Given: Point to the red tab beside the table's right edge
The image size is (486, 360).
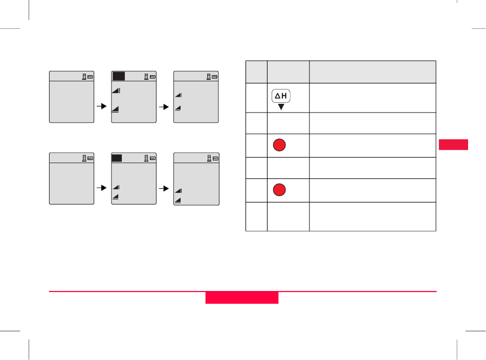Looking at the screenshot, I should point(453,144).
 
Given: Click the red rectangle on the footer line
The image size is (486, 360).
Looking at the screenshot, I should point(242,298).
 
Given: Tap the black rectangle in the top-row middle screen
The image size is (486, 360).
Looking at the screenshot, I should point(119,77).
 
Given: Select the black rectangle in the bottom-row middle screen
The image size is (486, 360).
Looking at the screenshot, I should point(117,159).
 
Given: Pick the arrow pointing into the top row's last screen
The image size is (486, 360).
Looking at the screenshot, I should point(165,107).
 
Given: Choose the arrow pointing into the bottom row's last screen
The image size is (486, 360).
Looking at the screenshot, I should point(165,188).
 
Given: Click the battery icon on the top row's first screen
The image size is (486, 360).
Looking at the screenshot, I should point(90,77).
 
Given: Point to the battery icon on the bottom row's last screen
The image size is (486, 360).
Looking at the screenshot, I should point(215,159).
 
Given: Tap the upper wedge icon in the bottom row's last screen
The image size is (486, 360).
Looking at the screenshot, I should point(179,191).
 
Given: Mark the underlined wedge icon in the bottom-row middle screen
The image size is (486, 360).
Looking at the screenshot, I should point(116,197).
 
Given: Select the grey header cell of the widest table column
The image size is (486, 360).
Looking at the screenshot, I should point(372,72).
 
